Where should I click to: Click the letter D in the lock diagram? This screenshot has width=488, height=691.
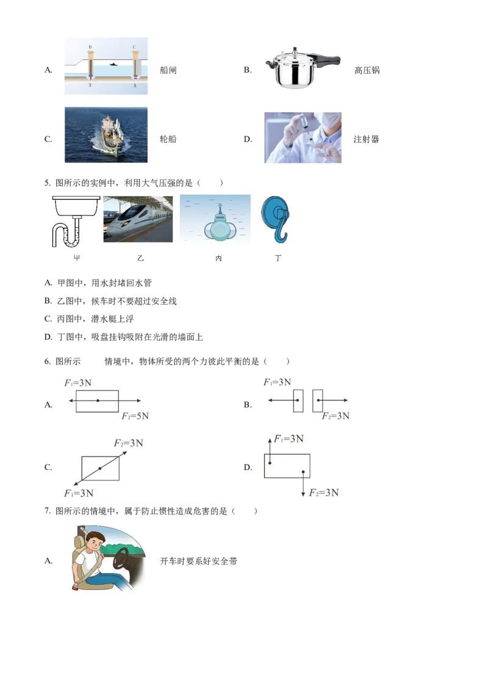(90, 46)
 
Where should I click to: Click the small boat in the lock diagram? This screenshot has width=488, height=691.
(113, 64)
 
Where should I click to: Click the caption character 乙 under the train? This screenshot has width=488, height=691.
(140, 258)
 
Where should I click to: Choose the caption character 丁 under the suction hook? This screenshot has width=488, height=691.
(278, 258)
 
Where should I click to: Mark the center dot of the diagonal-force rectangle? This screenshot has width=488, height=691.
(100, 468)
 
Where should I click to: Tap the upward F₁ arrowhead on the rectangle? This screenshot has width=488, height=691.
(269, 439)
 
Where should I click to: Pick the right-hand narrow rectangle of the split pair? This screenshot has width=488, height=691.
(318, 400)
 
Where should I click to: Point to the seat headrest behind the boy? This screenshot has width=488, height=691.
(79, 541)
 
